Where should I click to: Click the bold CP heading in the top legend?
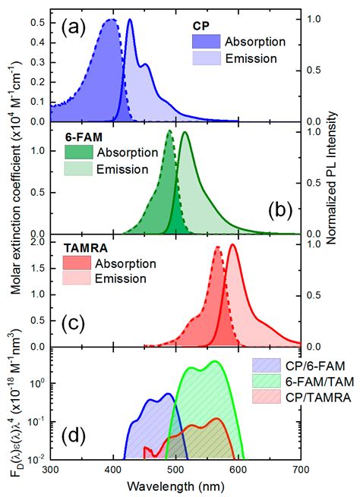[200, 24]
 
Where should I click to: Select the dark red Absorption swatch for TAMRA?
[77, 264]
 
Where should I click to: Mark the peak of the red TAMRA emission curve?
[232, 244]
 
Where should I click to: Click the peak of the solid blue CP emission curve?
[131, 20]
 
